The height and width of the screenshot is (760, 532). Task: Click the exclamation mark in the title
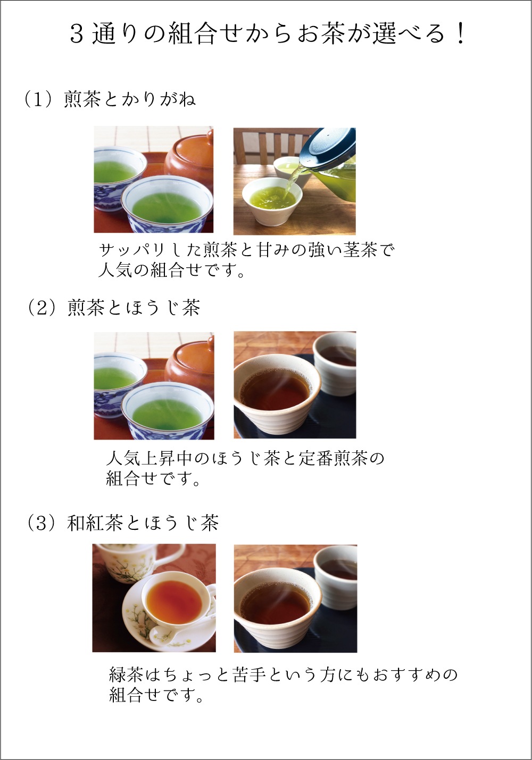pos(460,33)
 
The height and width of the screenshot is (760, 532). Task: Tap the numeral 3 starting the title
pos(77,34)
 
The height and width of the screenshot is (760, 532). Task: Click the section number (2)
pos(42,308)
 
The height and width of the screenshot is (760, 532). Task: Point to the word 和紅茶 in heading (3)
pos(95,523)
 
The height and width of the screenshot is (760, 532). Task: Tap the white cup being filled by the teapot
pos(272,201)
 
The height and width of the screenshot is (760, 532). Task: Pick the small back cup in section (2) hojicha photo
pos(335,364)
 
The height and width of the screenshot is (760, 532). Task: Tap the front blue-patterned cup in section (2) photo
pos(168,410)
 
